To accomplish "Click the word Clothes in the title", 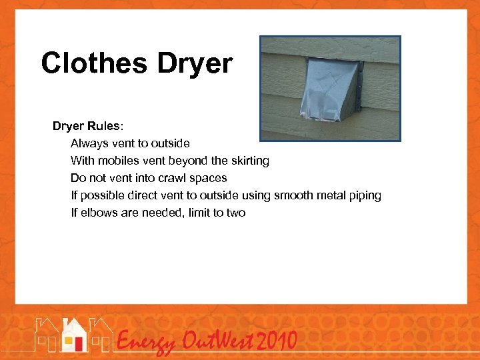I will (x=93, y=64).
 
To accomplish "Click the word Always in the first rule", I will (x=87, y=143).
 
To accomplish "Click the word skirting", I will (x=248, y=161).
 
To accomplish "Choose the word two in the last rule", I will (x=236, y=213).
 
